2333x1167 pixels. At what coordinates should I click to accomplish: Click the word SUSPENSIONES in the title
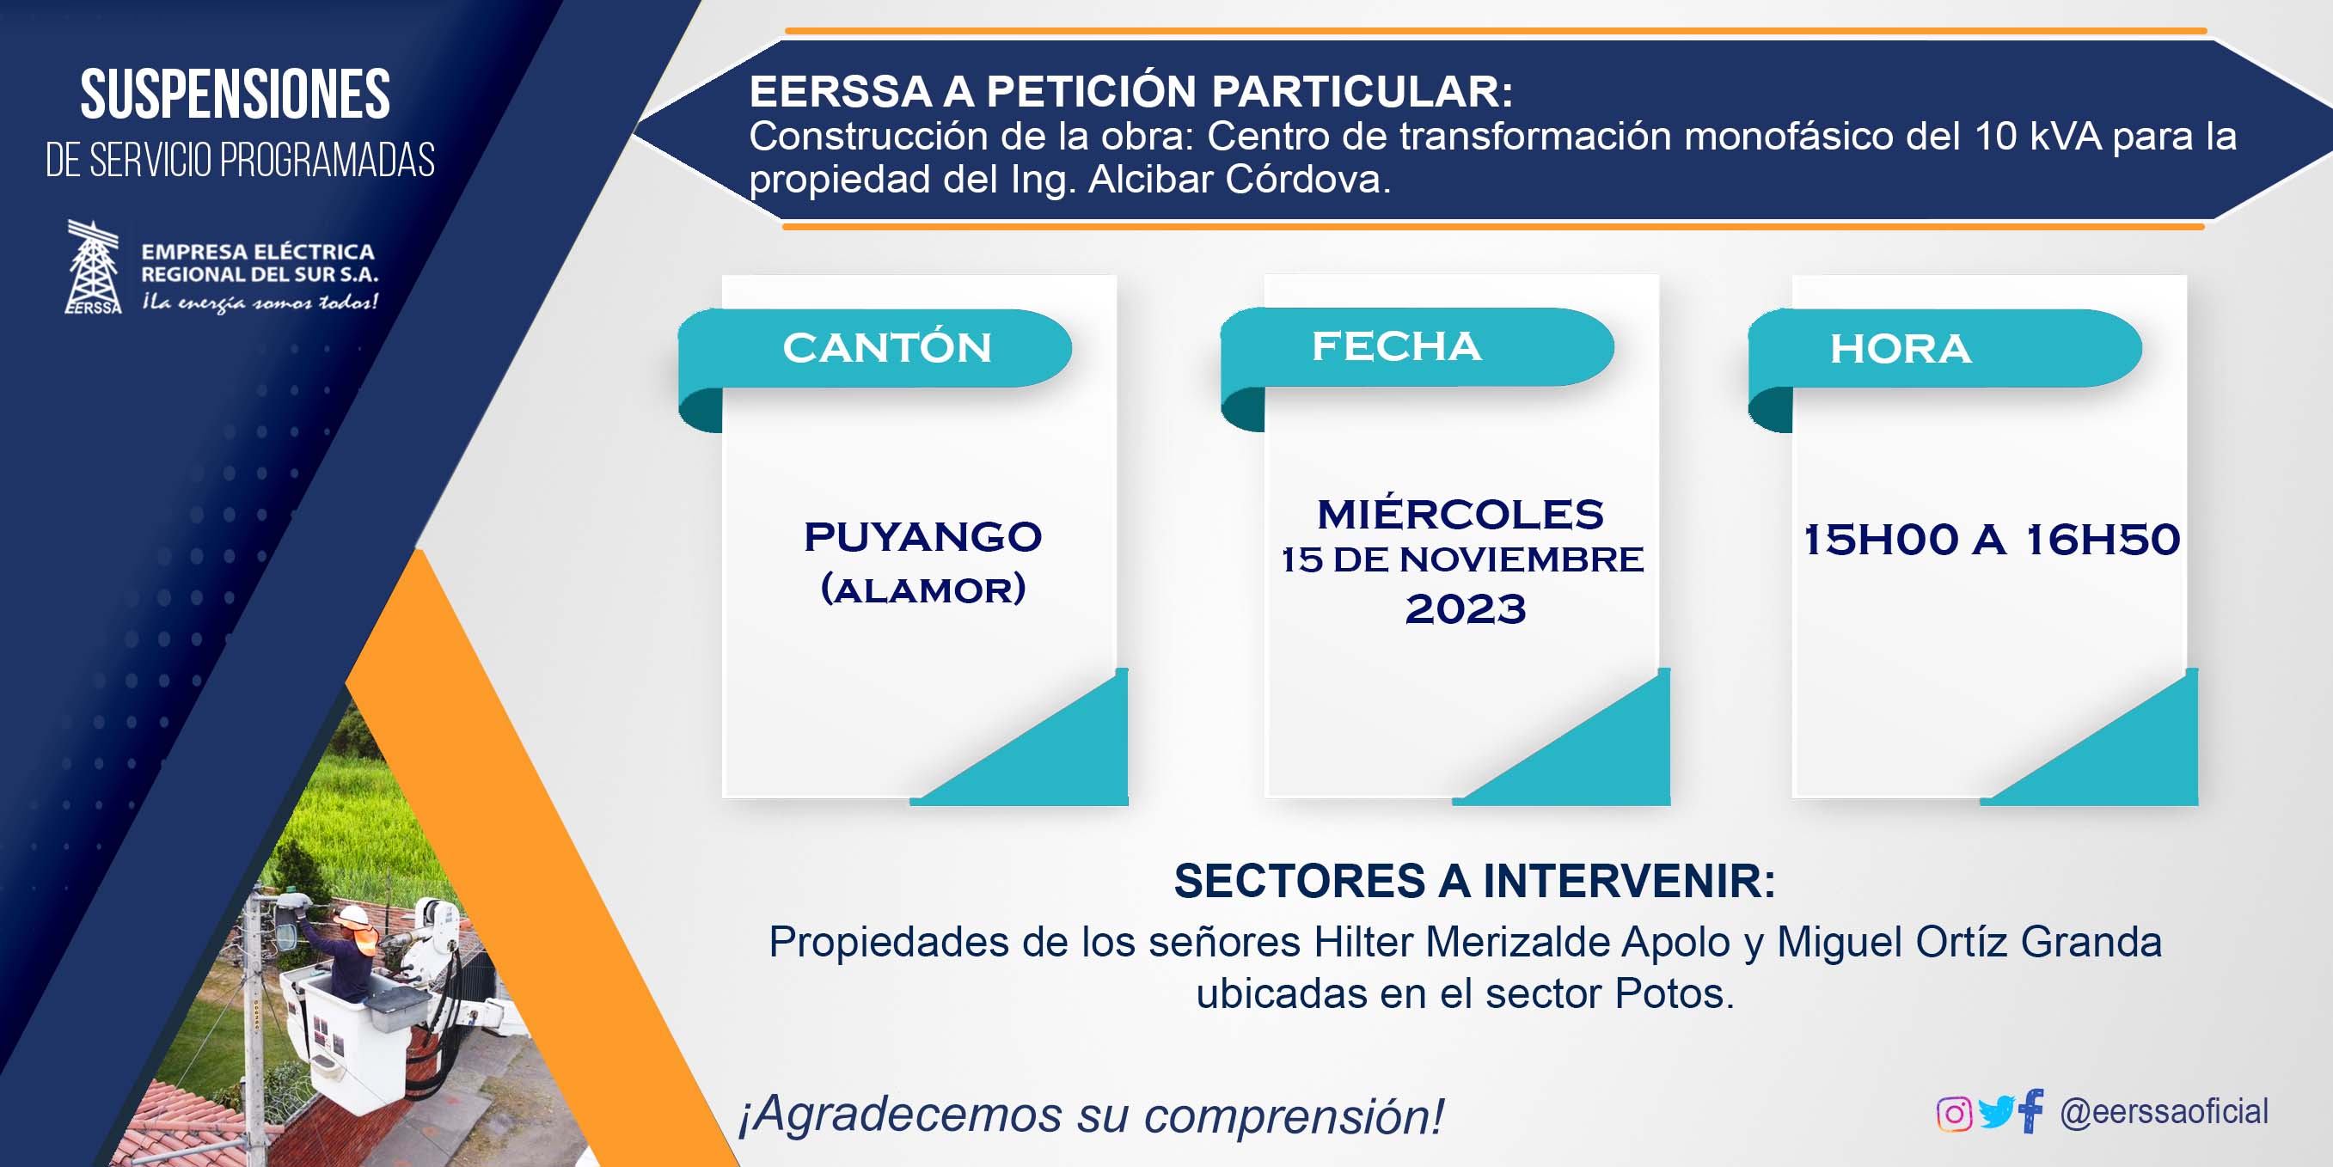tap(236, 95)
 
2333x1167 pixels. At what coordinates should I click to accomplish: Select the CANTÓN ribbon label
tap(887, 348)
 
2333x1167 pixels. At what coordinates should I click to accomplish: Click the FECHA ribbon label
tap(1397, 345)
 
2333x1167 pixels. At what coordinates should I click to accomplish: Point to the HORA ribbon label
tap(1900, 349)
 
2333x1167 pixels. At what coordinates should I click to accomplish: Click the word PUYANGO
tap(923, 537)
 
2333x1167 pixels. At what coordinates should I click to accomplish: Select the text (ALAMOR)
tap(923, 590)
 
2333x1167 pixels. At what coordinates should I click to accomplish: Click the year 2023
tap(1466, 608)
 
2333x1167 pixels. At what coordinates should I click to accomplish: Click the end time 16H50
tap(2103, 540)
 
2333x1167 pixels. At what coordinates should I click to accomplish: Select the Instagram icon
tap(1954, 1113)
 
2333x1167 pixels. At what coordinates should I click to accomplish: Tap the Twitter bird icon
tap(1995, 1112)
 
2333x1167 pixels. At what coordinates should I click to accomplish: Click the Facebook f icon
tap(2031, 1111)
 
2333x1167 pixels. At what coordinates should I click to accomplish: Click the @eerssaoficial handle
tap(2164, 1112)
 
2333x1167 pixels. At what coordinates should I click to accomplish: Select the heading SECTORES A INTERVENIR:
tap(1474, 881)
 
